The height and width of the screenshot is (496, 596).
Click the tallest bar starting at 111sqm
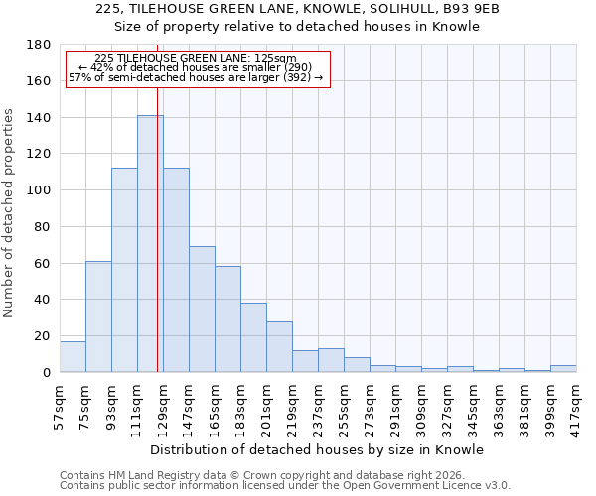[150, 243]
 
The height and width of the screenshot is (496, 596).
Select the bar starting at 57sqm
[73, 356]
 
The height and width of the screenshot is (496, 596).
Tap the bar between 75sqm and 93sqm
[98, 316]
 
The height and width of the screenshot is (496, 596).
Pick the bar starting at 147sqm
[202, 309]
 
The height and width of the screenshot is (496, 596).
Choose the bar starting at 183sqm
[253, 337]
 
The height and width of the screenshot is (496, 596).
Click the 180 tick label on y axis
[39, 45]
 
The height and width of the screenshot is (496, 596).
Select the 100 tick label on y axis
[39, 190]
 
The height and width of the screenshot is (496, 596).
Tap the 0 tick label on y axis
[47, 373]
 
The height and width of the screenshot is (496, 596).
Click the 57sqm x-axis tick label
[61, 404]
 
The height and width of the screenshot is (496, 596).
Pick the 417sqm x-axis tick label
[577, 404]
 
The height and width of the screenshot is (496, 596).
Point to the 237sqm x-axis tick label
[319, 404]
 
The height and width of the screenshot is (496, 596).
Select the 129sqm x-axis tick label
[164, 404]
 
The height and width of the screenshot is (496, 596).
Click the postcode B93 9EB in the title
[467, 9]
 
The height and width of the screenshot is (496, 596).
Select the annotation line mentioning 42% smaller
[195, 67]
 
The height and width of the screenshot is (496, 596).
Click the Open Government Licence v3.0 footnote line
[284, 486]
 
